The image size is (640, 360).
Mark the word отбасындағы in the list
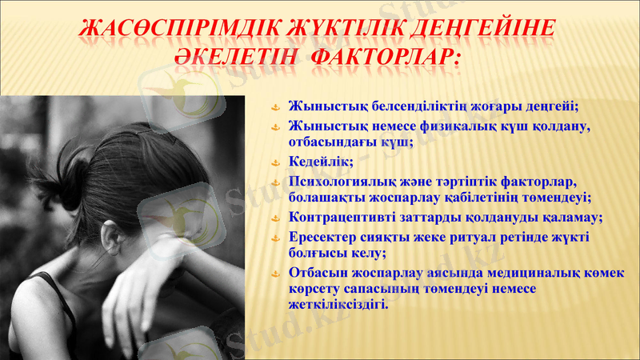point(332,142)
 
